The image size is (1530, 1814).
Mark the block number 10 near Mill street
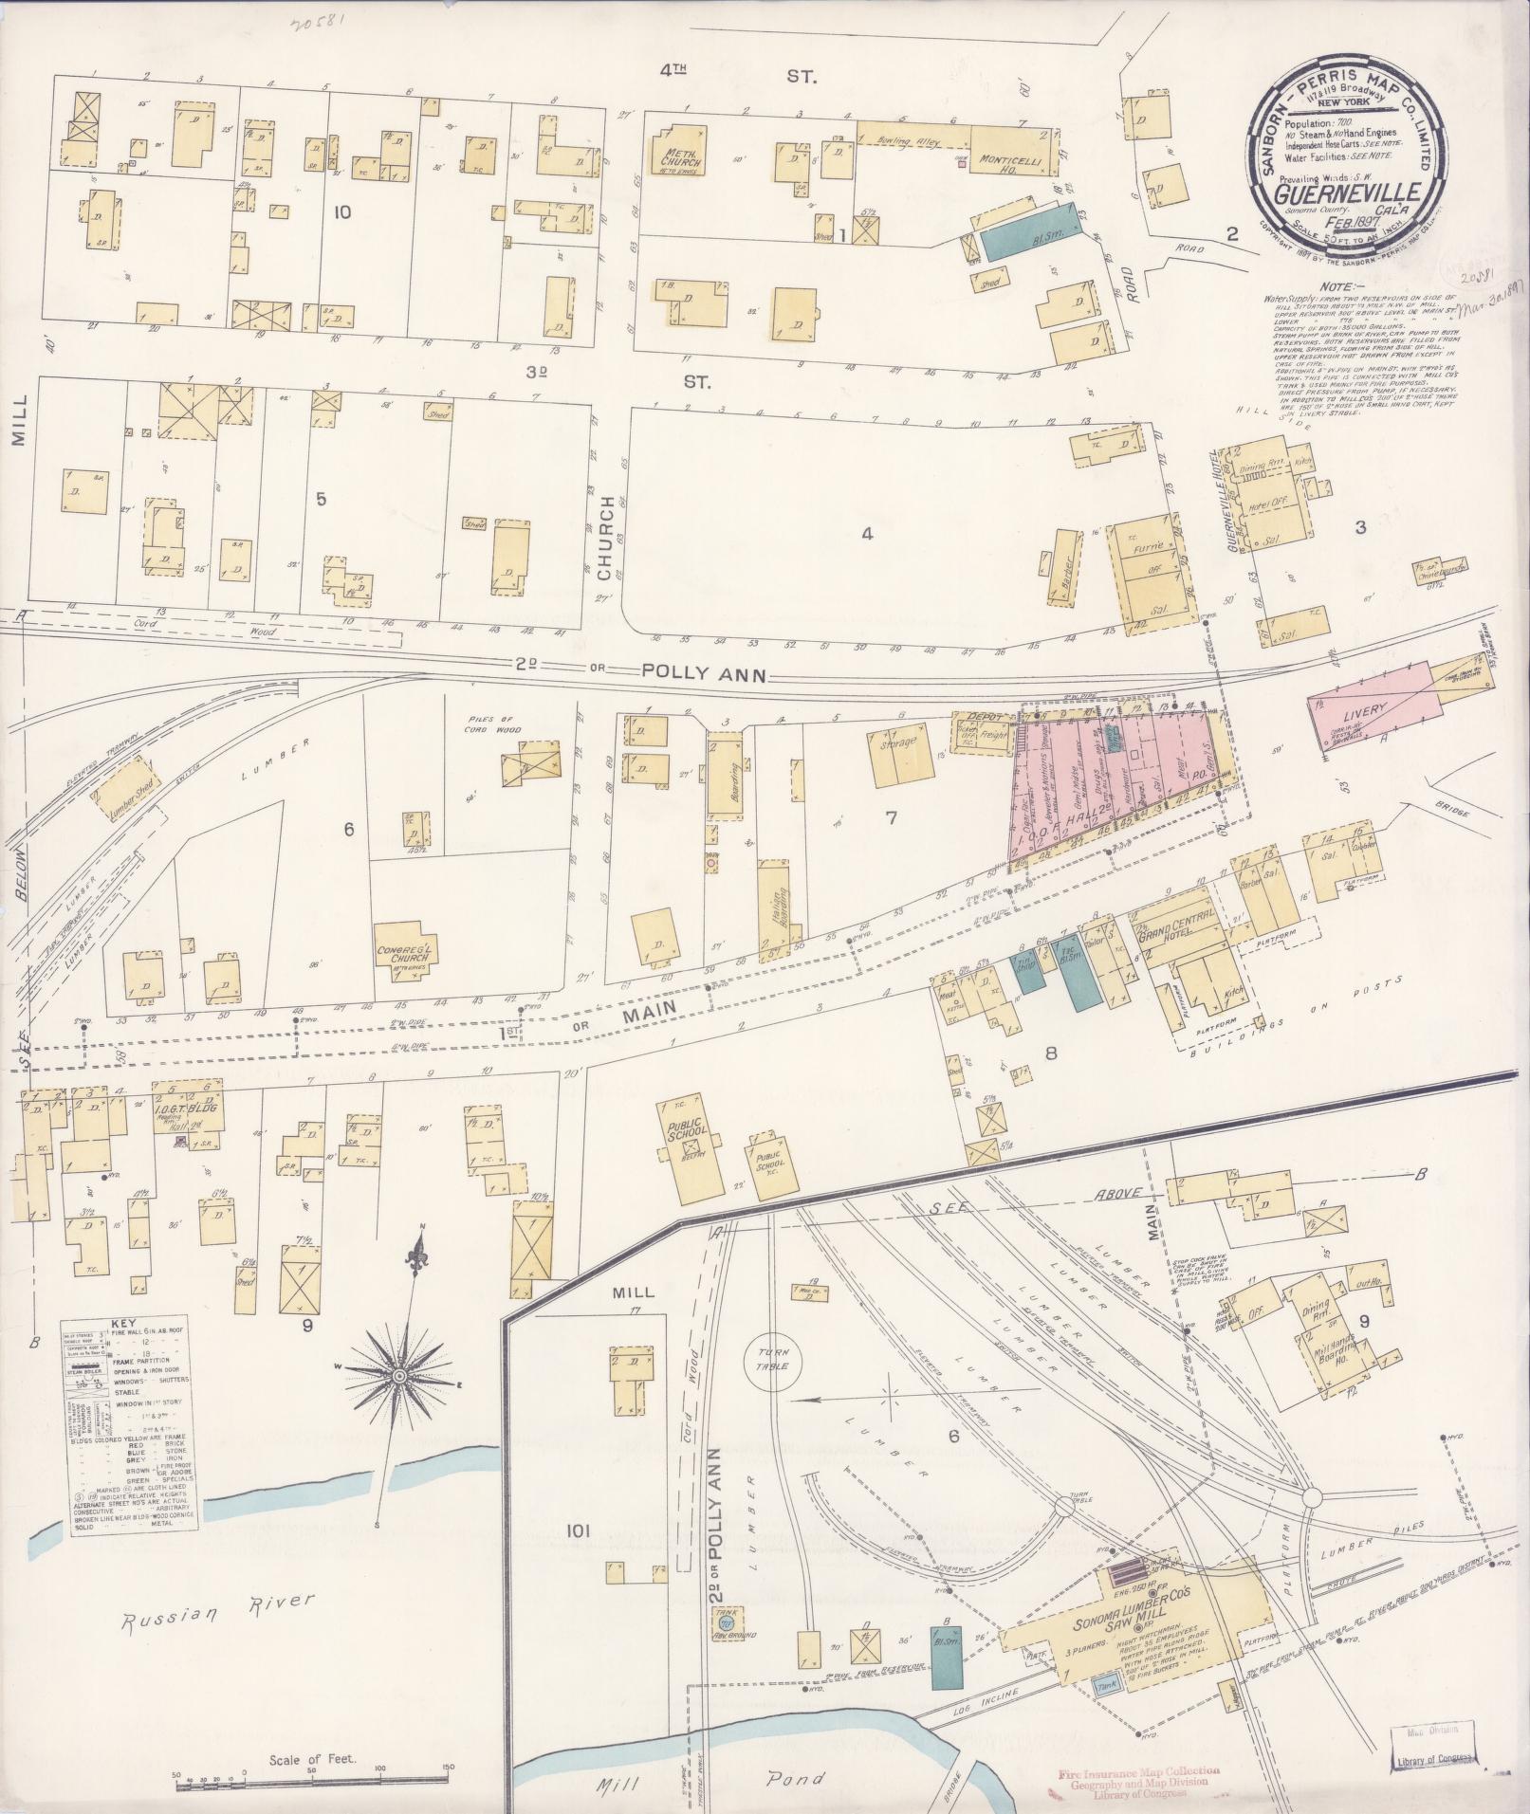pos(342,211)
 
